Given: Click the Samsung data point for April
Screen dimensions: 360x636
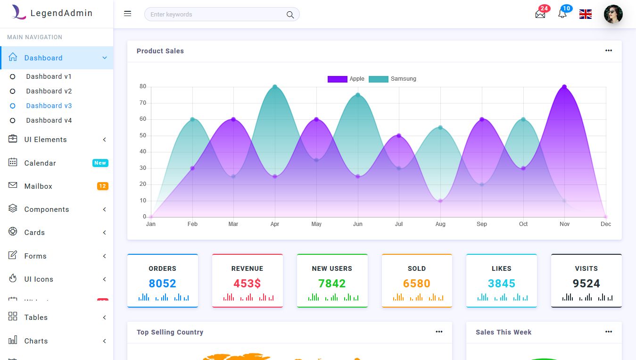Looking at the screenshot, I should [275, 87].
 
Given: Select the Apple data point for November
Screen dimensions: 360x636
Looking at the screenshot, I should [564, 87].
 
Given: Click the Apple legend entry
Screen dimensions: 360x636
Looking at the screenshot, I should [346, 79].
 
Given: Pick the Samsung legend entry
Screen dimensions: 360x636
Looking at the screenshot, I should [393, 79].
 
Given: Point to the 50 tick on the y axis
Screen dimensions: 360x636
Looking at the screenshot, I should [143, 135].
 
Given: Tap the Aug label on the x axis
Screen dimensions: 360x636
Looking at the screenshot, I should [440, 224].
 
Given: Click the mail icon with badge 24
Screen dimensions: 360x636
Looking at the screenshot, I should [540, 14].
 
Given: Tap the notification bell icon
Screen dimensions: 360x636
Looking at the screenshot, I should [562, 14].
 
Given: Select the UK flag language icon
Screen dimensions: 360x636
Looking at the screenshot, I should [586, 14].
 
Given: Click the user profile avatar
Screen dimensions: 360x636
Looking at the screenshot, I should [613, 14].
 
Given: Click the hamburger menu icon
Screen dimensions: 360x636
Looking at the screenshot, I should [127, 14].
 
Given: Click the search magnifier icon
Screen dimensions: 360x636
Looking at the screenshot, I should [290, 15].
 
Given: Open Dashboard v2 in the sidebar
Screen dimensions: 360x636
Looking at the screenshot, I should [49, 91].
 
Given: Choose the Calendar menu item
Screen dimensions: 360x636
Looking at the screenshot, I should [40, 163].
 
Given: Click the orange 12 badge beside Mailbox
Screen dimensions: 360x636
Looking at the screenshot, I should [102, 186].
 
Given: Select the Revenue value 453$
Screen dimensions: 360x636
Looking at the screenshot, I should [247, 284].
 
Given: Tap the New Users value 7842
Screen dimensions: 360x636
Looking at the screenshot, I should [332, 284].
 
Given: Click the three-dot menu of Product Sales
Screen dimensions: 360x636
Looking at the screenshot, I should [609, 51].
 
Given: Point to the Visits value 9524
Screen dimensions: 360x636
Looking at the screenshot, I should [586, 284].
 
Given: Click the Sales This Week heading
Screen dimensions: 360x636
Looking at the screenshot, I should [503, 332].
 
